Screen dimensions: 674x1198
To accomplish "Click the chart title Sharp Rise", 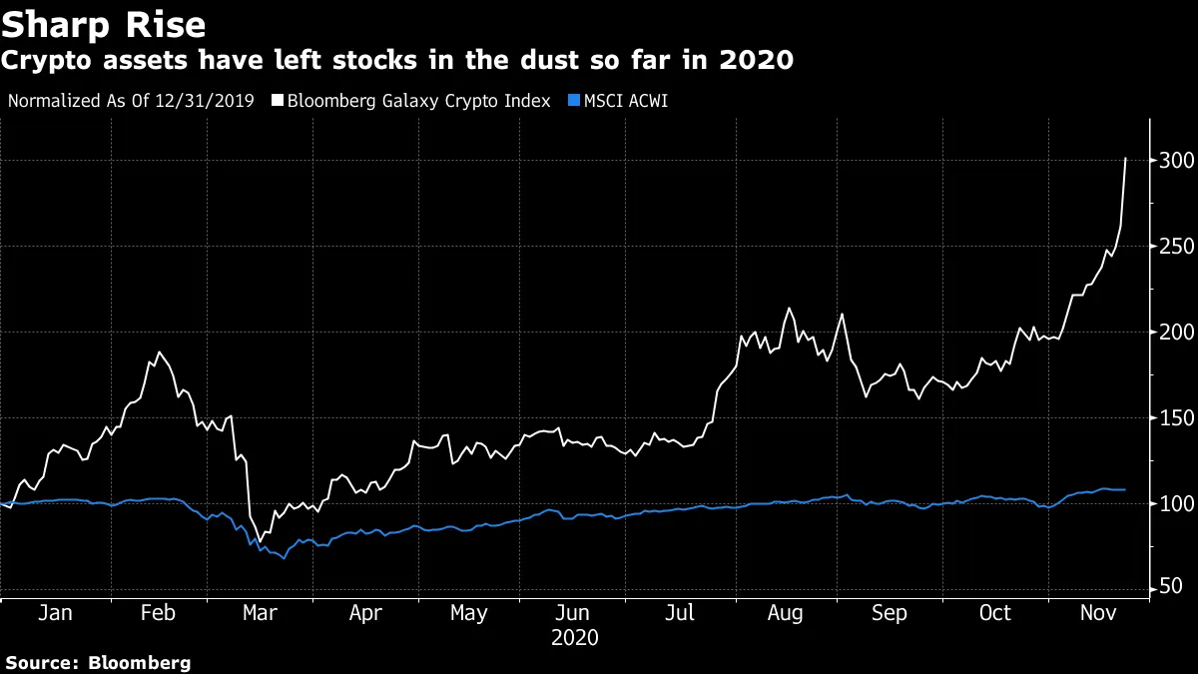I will click(104, 24).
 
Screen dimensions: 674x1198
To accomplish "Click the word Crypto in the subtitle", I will click(42, 62).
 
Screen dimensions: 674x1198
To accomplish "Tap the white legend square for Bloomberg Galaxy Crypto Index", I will click(278, 101).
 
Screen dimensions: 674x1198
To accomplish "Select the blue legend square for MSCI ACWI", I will click(574, 101).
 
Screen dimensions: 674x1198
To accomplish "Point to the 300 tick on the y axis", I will click(1174, 161).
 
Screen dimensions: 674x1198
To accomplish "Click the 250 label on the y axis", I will click(1174, 247).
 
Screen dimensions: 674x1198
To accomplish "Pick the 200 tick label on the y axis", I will click(1174, 333).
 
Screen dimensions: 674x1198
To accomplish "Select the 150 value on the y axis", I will click(1174, 418).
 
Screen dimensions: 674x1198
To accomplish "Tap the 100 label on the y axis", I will click(1174, 504).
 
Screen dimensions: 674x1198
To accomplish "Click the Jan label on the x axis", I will click(54, 613).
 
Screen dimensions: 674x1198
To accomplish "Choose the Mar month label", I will click(261, 613).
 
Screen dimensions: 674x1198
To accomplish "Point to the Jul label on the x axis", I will click(681, 613).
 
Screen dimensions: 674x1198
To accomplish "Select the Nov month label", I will click(1097, 613).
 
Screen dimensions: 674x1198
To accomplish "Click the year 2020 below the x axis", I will click(575, 637).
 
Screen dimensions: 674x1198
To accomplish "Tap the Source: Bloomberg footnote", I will click(97, 662).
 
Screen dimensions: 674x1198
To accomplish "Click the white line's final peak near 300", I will click(1126, 158).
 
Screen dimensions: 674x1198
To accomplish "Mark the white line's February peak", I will click(158, 352).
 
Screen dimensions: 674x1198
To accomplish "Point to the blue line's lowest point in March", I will click(284, 558).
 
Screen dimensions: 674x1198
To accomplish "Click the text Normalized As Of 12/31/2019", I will click(131, 101).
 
